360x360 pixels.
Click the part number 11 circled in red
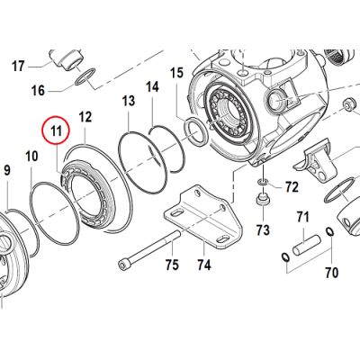[x=58, y=131]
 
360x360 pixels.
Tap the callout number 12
[x=86, y=117]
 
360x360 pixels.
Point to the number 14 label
[x=153, y=86]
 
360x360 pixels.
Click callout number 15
[x=176, y=72]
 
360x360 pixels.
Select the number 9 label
[x=6, y=169]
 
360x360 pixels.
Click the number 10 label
[x=31, y=157]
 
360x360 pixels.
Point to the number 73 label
[x=264, y=229]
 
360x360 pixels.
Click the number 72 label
[x=291, y=187]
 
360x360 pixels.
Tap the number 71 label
[x=303, y=216]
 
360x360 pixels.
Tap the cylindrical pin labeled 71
[x=306, y=241]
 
